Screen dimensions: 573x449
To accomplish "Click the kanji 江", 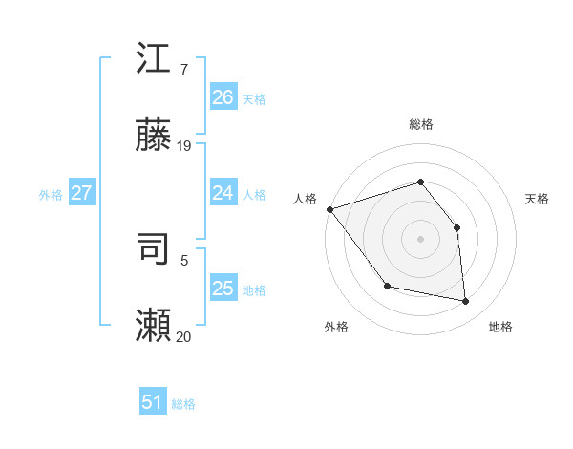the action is (154, 59).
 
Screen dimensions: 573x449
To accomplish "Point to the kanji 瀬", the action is (154, 325).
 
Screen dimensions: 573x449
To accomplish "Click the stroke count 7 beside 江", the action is (184, 70).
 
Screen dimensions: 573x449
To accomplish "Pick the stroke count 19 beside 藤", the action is (184, 145).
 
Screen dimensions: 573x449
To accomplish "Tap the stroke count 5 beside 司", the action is (184, 259).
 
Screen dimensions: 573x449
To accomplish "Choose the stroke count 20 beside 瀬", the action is (184, 335).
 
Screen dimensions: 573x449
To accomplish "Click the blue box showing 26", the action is (223, 97).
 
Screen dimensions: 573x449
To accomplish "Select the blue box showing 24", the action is (223, 193).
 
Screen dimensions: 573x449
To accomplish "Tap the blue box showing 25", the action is (223, 289).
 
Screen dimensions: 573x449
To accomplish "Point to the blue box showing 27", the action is (81, 193).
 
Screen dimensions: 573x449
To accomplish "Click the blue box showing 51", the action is (152, 402).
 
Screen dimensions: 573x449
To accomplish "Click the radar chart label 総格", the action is (420, 124).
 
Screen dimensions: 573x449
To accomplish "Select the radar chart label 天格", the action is (537, 199).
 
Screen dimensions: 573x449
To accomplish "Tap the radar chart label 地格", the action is (500, 327).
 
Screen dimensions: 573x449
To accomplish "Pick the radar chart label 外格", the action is (336, 327).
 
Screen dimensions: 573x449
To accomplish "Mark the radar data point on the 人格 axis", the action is (329, 209).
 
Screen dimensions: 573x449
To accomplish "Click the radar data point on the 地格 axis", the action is (465, 301).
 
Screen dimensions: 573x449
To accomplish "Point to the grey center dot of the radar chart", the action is (420, 238).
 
